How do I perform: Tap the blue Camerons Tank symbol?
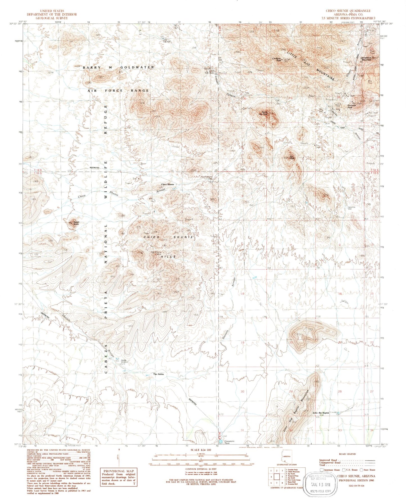pyautogui.click(x=221, y=442)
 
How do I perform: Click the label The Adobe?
pyautogui.click(x=158, y=374)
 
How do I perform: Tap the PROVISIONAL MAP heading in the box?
pyautogui.click(x=119, y=471)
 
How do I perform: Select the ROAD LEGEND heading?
pyautogui.click(x=347, y=454)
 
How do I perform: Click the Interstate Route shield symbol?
pyautogui.click(x=321, y=470)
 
